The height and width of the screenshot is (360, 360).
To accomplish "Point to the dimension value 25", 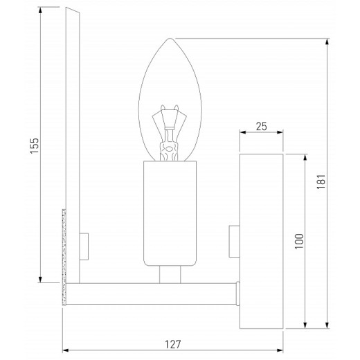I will coord(260,126).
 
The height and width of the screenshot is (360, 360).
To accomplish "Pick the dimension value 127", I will coord(173,344).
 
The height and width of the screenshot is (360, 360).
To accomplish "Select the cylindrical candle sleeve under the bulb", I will coord(171,214).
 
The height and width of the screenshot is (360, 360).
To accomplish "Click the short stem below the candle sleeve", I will coord(168,275).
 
